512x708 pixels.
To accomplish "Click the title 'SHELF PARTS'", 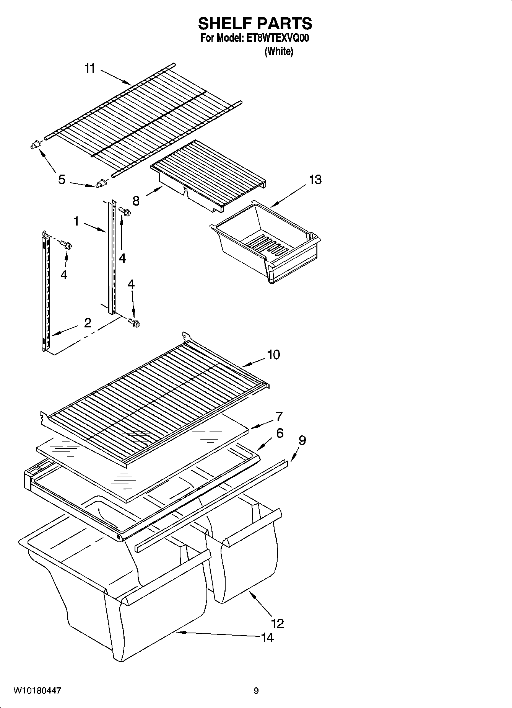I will pyautogui.click(x=255, y=24).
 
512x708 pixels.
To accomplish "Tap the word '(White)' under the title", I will pyautogui.click(x=279, y=51).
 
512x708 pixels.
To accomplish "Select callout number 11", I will pyautogui.click(x=89, y=69).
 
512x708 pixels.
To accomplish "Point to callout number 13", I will pyautogui.click(x=315, y=180).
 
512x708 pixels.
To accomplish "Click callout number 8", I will pyautogui.click(x=136, y=201).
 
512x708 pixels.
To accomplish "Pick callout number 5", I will pyautogui.click(x=62, y=180).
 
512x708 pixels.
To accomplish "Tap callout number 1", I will pyautogui.click(x=76, y=221).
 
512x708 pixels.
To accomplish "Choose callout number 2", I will pyautogui.click(x=88, y=323).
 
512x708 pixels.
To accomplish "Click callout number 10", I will pyautogui.click(x=273, y=355).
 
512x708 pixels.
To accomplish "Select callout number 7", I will pyautogui.click(x=279, y=416).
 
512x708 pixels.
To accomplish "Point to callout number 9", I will pyautogui.click(x=302, y=440).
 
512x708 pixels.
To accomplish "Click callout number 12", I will pyautogui.click(x=278, y=623).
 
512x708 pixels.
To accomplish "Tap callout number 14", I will pyautogui.click(x=267, y=638).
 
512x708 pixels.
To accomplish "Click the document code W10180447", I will pyautogui.click(x=37, y=691).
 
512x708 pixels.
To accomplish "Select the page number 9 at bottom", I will pyautogui.click(x=256, y=691).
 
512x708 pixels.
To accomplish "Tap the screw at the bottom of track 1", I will pyautogui.click(x=134, y=323).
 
